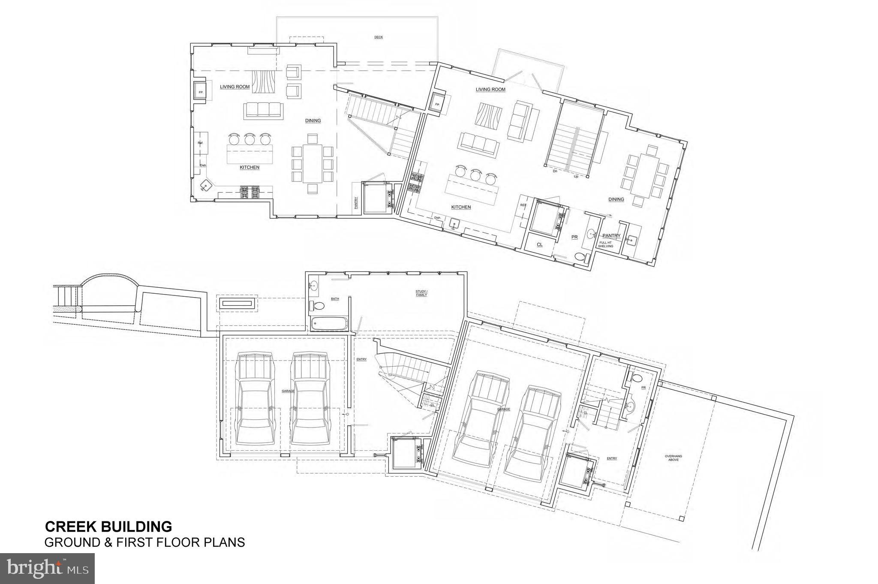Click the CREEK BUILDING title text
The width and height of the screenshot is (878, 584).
coord(108,526)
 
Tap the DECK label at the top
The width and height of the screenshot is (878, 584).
coord(378,37)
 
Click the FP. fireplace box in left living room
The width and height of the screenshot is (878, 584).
coord(200,91)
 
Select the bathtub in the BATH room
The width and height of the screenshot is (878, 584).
coord(329,324)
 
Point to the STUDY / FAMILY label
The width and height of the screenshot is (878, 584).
coord(421,293)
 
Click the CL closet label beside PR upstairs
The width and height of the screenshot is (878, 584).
coord(540,244)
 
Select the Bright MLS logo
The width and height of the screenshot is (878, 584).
coord(47,569)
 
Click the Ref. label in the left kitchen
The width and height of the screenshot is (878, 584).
coord(200,143)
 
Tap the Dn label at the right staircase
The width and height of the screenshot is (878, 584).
coord(555,171)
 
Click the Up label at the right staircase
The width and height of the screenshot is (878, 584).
coord(576,176)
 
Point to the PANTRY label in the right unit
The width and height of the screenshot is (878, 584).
coord(611,236)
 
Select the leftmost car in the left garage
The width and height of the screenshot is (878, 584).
coord(255,399)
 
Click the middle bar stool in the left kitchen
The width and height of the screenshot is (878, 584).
coord(250,138)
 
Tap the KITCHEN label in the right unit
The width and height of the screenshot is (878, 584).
coord(461,207)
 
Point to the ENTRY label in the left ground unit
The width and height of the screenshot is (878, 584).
coord(361,359)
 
